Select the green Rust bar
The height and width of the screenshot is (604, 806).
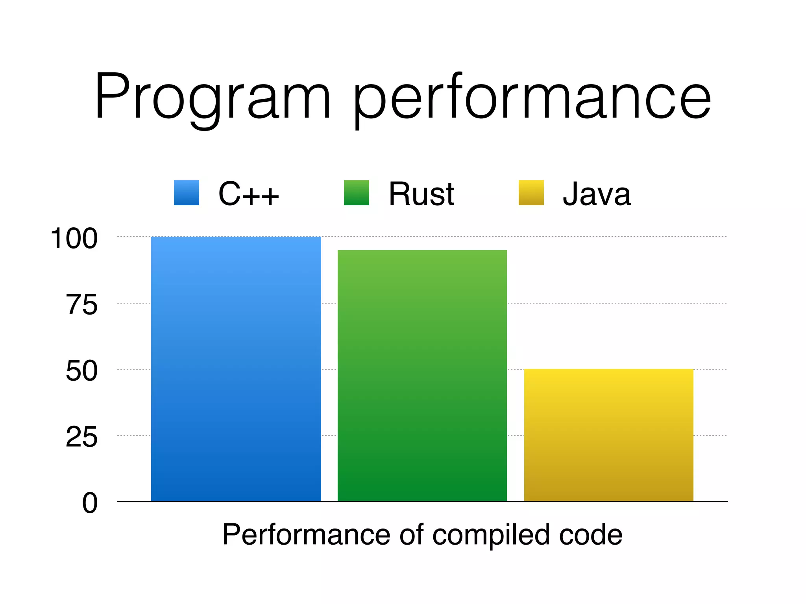pos(422,376)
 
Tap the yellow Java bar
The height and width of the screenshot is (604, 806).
pos(608,435)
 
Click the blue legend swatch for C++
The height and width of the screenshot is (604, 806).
pos(187,193)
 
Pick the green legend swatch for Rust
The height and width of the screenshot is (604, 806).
pos(357,193)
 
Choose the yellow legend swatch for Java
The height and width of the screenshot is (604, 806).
pos(531,193)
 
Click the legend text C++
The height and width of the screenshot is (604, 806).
pos(249,194)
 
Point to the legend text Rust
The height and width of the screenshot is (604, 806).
pos(421,194)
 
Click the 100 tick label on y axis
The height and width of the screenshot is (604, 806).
pos(74,238)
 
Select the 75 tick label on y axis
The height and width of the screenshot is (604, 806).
pos(81,305)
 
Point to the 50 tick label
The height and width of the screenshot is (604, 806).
pos(81,371)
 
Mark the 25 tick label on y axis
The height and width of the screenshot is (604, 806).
pos(81,437)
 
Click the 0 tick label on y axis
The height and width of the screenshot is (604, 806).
pos(90,503)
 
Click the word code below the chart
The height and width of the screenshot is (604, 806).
pos(590,535)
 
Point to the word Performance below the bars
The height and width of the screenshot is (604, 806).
pos(307,535)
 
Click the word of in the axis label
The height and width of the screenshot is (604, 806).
pos(412,535)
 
